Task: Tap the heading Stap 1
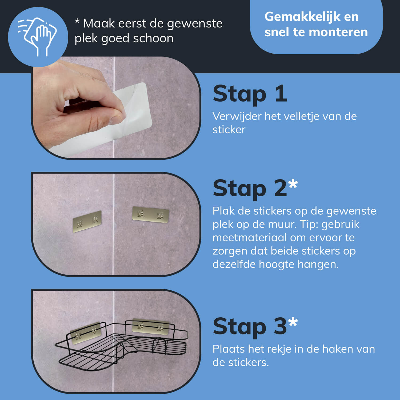pos(250,94)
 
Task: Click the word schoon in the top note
pos(153,38)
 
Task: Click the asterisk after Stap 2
pos(293,184)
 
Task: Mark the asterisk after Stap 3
pos(293,322)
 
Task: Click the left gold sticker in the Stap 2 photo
pos(87,221)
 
